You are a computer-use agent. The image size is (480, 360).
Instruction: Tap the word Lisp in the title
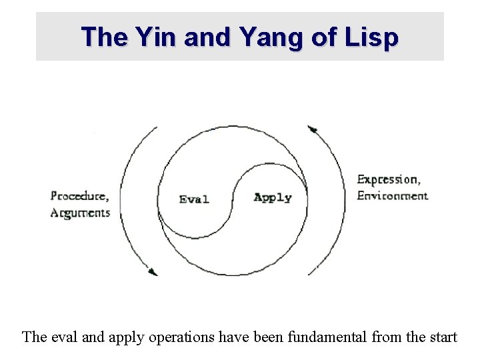pos(371,37)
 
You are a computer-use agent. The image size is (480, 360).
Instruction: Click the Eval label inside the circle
pos(194,199)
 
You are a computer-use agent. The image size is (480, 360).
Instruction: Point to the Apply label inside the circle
pos(273,197)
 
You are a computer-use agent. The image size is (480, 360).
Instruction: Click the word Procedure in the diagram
pos(79,196)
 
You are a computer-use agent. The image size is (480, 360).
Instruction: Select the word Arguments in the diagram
pos(80,213)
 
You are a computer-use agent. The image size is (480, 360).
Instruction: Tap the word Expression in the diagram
pos(388,179)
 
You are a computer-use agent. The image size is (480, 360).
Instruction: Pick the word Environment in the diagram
pos(392,196)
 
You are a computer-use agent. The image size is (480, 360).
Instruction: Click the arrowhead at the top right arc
pos(311,129)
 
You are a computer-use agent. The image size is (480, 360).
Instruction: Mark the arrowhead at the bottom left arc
pos(152,271)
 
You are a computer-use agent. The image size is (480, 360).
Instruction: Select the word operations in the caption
pos(183,337)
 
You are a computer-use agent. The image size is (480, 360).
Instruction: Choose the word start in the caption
pos(442,337)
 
